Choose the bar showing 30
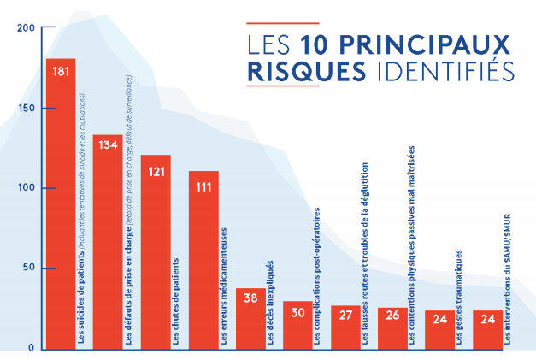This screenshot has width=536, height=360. click(x=297, y=325)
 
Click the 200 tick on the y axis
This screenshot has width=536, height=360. click(x=26, y=28)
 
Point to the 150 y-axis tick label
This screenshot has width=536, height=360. click(x=26, y=109)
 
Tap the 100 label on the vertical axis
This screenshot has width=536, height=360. click(x=26, y=188)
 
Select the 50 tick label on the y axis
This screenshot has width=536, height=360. click(x=28, y=269)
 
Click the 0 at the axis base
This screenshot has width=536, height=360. click(x=31, y=348)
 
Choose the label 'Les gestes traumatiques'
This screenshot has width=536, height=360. click(x=461, y=297)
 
